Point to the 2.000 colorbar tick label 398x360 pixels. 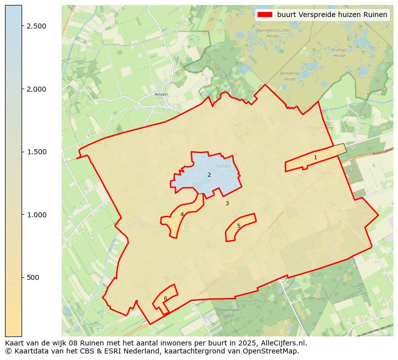click(37, 89)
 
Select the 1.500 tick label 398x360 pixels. click(37, 152)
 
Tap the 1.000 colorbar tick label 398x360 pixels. click(37, 215)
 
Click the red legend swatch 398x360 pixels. click(265, 15)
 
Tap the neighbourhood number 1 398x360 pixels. click(315, 157)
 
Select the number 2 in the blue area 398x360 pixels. click(209, 175)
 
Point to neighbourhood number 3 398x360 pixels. click(227, 203)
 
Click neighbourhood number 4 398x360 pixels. click(182, 214)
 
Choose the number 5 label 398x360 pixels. click(239, 226)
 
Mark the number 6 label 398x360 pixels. click(165, 298)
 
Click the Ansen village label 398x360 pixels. click(161, 94)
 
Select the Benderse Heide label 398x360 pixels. click(290, 76)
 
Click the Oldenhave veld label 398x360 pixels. click(225, 313)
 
